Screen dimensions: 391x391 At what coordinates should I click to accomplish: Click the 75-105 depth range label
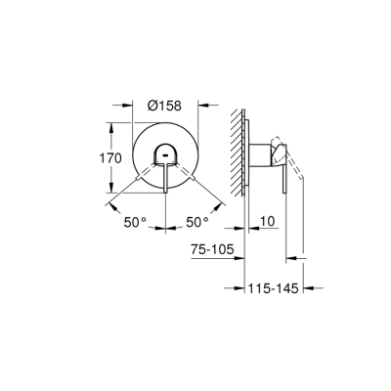point(213,250)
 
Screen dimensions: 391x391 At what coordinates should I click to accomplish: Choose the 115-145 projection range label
point(274,288)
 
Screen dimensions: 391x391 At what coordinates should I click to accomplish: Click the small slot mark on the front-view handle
point(164,155)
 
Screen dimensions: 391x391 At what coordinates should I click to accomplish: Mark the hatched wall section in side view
point(236,147)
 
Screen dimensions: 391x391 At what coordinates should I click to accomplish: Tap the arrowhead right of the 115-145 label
point(308,288)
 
